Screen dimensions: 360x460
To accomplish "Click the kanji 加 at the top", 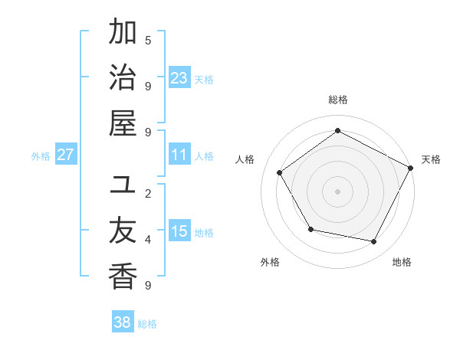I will click(123, 33).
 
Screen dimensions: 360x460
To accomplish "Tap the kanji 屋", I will click(123, 123).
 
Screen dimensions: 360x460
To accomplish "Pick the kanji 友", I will click(123, 231).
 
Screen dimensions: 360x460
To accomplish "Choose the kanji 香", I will click(123, 277).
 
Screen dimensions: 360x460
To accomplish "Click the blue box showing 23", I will click(179, 77).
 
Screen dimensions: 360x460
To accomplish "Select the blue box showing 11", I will click(179, 155).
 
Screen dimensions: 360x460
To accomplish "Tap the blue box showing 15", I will click(179, 231).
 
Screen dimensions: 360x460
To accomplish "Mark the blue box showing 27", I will click(66, 155).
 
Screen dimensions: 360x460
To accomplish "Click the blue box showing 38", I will click(122, 322).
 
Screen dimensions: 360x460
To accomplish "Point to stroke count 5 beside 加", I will click(148, 40).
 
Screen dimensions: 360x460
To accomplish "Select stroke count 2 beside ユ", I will click(148, 193).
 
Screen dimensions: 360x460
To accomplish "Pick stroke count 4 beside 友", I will click(148, 240).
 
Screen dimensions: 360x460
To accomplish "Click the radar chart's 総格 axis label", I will click(337, 100).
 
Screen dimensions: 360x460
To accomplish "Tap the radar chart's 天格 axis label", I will click(431, 159).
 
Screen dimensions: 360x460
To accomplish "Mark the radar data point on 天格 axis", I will click(410, 167).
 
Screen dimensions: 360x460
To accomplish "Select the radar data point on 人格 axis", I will click(280, 172).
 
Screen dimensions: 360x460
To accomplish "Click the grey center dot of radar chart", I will click(337, 191).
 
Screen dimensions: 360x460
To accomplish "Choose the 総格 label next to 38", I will click(147, 324).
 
